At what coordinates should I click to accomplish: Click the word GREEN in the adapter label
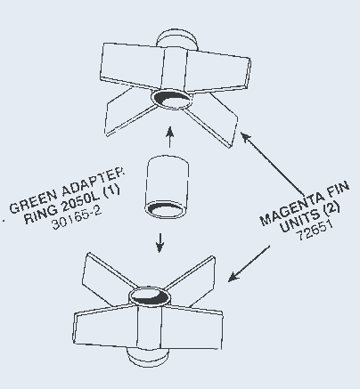point(33,202)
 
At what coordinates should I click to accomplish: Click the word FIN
point(337,188)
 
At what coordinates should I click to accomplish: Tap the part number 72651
point(315,231)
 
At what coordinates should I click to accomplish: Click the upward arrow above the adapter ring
point(169,137)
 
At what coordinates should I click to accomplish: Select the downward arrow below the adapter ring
point(160,243)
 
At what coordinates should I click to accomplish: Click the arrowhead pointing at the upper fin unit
point(245,137)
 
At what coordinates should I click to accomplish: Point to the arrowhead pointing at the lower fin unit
point(233,277)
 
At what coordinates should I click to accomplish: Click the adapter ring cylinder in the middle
point(167,187)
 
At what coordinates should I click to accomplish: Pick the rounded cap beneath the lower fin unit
point(148,357)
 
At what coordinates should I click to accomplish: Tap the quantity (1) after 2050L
point(111,190)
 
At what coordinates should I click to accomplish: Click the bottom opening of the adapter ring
point(166,210)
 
